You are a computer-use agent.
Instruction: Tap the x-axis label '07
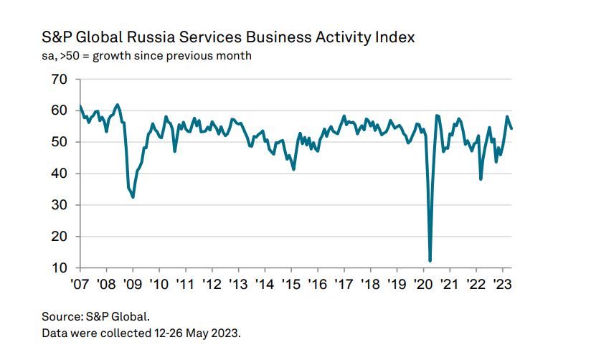(x=80, y=283)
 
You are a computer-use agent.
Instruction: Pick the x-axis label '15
(x=291, y=283)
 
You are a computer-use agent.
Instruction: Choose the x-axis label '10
(x=159, y=283)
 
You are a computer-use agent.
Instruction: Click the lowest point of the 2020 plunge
(x=430, y=261)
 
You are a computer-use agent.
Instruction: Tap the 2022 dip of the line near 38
(x=481, y=179)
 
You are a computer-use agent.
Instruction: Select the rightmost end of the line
(x=512, y=128)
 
